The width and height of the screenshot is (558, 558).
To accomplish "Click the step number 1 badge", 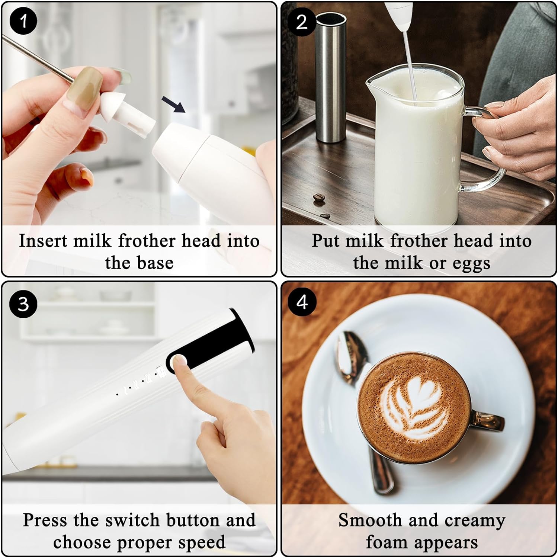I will click(23, 21).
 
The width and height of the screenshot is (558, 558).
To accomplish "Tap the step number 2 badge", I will click(302, 22).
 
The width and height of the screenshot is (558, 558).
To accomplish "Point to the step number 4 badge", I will click(302, 302).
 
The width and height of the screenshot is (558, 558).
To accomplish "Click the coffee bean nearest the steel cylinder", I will click(318, 199).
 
